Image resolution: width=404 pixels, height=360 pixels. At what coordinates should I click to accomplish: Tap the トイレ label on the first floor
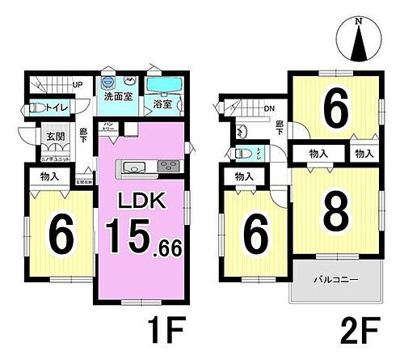click(54, 108)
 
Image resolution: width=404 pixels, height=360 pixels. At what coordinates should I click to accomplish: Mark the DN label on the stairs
click(270, 108)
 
